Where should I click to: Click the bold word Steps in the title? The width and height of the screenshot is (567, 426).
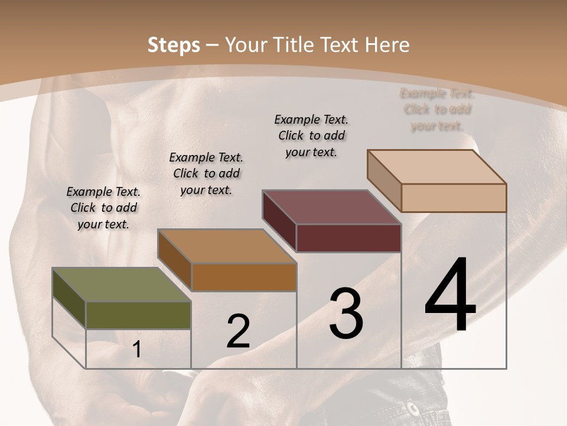(x=174, y=45)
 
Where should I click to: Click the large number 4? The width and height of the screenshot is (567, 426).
(x=450, y=295)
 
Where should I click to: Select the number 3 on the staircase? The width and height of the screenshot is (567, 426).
(x=346, y=314)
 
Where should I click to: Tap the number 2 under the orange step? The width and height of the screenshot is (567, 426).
(x=238, y=331)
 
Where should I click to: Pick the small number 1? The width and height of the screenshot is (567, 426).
(x=136, y=350)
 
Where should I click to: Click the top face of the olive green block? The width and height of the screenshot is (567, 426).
(x=121, y=285)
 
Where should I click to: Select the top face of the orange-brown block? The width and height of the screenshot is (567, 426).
(x=227, y=246)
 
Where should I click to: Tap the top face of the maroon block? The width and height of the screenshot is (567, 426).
(x=332, y=207)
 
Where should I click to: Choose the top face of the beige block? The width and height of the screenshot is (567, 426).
(x=437, y=167)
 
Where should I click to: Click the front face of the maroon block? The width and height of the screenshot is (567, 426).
(x=348, y=238)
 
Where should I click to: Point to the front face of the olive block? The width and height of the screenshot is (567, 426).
(x=138, y=315)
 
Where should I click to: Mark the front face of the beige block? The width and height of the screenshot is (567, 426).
(x=454, y=198)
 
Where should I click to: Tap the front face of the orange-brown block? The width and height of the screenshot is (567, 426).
(x=243, y=277)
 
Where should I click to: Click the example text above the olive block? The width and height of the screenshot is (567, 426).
(x=103, y=208)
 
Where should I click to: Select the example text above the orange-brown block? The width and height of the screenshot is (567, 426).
(x=206, y=173)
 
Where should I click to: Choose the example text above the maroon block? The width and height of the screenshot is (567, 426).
(x=311, y=135)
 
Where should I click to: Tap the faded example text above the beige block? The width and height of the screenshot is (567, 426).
(x=437, y=109)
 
